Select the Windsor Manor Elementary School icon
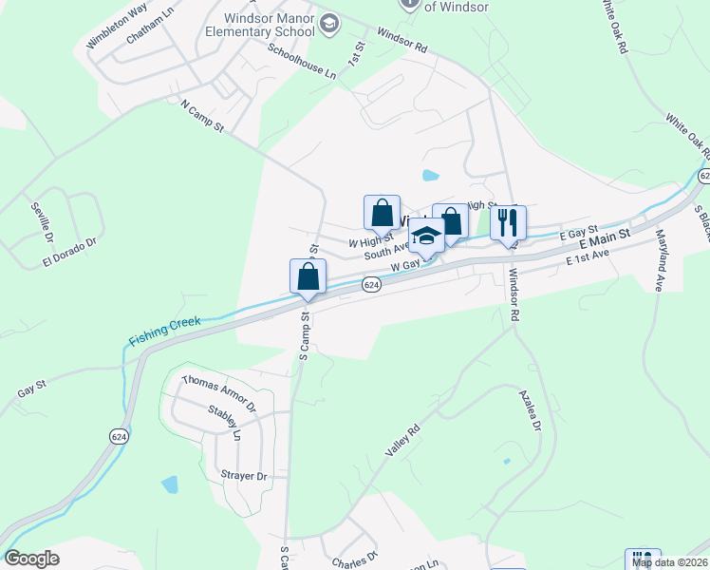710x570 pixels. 329,24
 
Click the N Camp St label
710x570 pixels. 201,113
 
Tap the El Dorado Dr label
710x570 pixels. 69,249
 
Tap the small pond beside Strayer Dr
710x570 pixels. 170,484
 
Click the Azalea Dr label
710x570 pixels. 529,409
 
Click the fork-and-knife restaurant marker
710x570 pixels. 508,222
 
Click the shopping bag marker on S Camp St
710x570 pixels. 308,276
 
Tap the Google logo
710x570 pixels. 31,559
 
